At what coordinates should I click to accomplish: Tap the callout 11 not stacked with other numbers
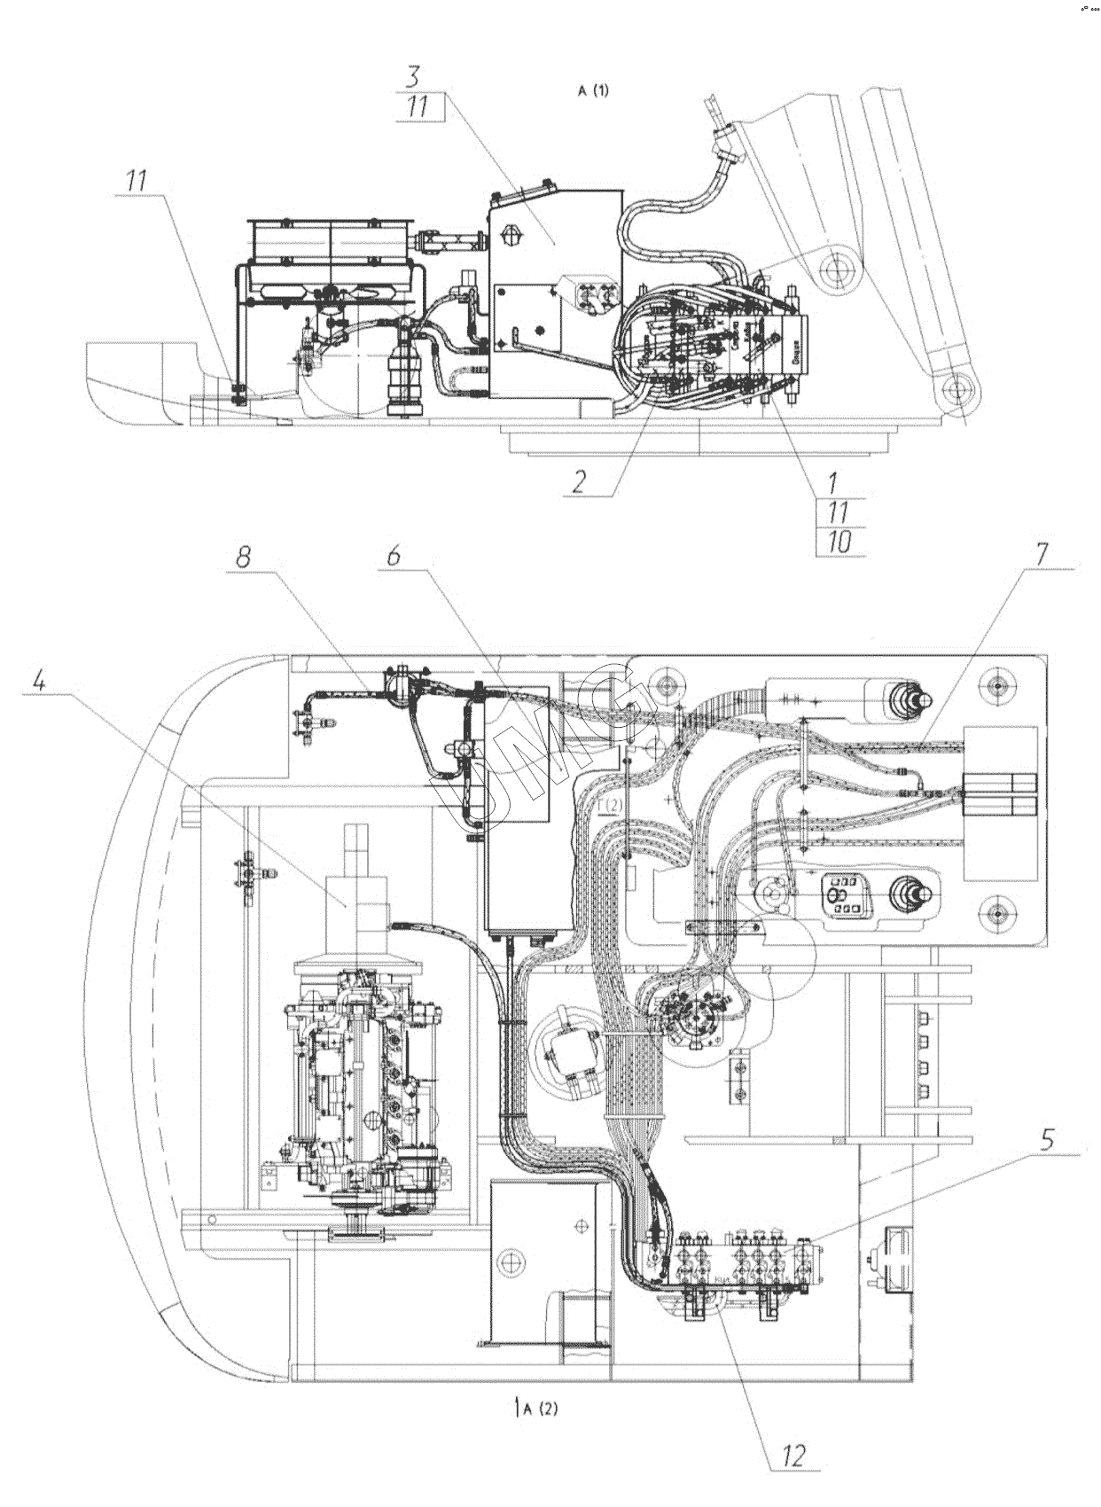pos(136,181)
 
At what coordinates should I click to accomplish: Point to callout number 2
pos(579,481)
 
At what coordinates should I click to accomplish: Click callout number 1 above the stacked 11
pos(833,483)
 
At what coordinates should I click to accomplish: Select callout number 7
pos(1040,551)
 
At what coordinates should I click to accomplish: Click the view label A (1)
pos(593,90)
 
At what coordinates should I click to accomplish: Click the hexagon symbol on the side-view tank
pos(511,236)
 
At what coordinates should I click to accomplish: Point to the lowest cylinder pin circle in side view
pos(956,387)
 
